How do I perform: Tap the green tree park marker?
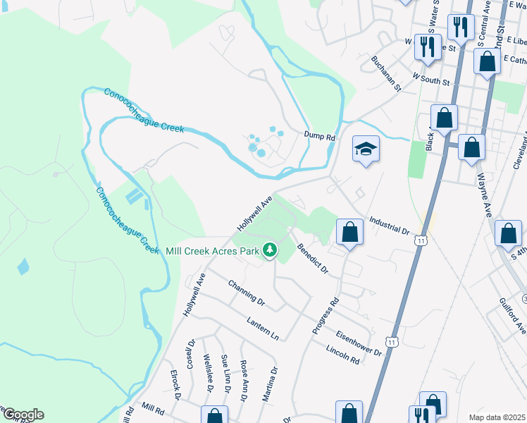(269, 250)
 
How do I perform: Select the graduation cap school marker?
(366, 149)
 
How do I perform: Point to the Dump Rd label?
(320, 135)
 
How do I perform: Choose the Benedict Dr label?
(312, 259)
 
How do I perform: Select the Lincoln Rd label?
(343, 355)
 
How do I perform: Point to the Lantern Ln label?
(263, 329)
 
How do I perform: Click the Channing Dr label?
(246, 293)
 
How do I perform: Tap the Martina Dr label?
(270, 384)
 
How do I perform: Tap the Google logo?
(23, 415)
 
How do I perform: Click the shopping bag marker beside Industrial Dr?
(349, 232)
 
